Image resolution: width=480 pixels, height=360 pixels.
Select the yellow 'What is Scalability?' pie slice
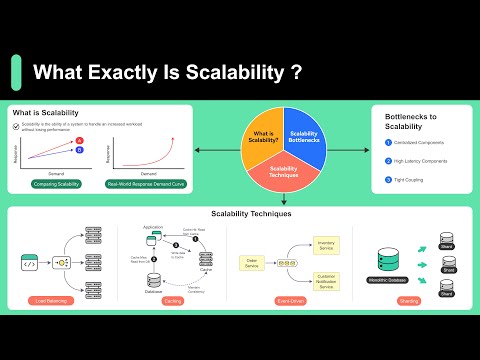click(263, 138)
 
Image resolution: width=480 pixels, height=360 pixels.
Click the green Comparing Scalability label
click(56, 185)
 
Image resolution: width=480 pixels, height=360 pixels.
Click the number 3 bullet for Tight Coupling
click(388, 180)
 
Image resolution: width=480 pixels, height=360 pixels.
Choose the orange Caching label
click(173, 300)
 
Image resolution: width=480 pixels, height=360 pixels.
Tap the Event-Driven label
click(291, 300)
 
